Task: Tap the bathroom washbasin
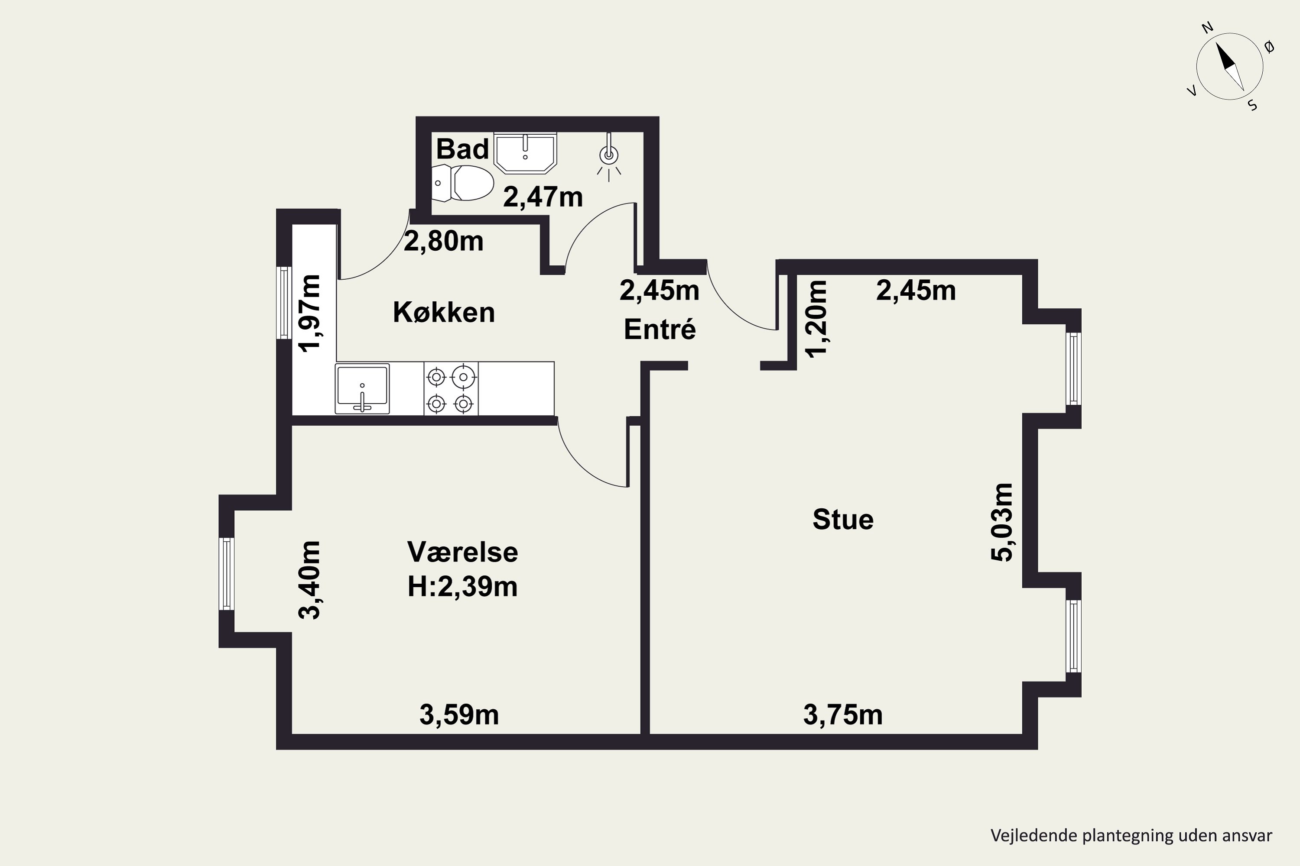525,152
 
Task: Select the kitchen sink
362,388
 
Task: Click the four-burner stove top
451,388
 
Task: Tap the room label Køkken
444,313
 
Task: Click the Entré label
660,330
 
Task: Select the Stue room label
843,520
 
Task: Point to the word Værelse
463,552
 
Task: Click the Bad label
463,149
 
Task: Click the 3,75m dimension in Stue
843,715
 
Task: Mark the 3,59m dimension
459,715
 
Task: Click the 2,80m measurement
443,241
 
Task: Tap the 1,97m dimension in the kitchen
309,313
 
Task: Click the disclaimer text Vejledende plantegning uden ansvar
1131,836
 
